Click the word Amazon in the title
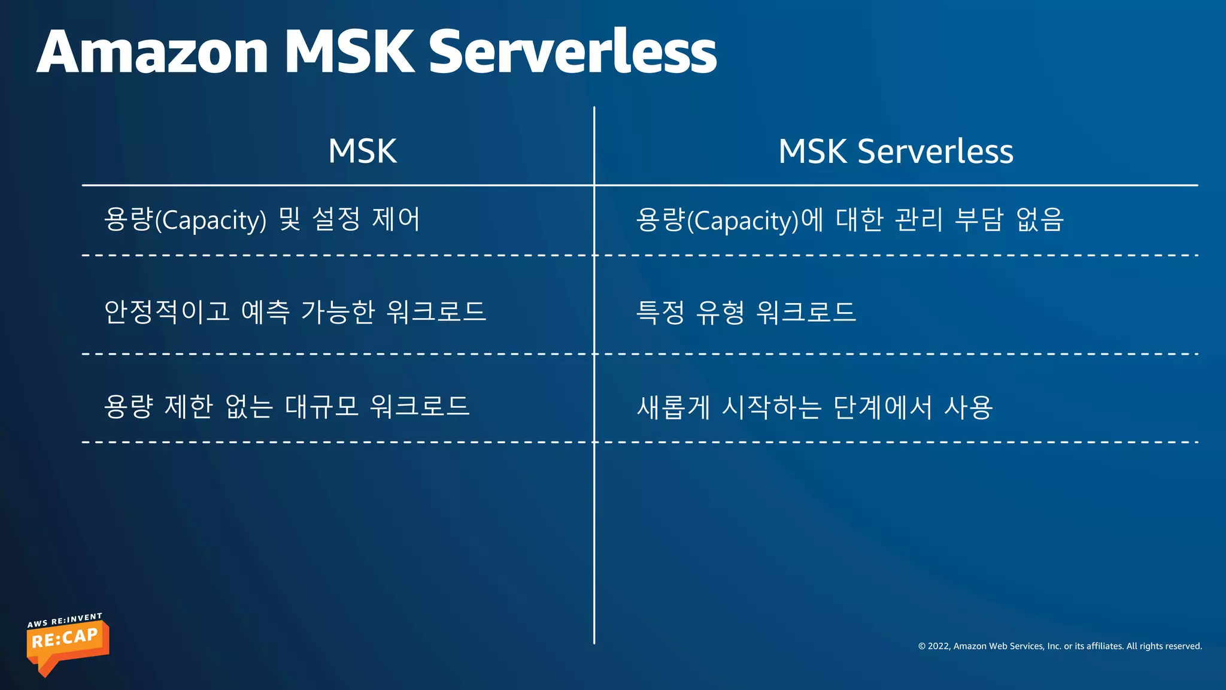point(153,52)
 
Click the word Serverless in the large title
point(572,52)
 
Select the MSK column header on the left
point(362,151)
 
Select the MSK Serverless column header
point(896,151)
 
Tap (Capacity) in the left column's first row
point(211,220)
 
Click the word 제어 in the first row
point(396,219)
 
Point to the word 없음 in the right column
point(1040,219)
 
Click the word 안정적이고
point(167,311)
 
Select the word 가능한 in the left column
point(338,311)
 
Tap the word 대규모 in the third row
point(321,406)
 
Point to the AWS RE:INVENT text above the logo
point(65,621)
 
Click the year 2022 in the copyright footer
point(939,646)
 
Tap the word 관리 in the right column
point(918,219)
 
